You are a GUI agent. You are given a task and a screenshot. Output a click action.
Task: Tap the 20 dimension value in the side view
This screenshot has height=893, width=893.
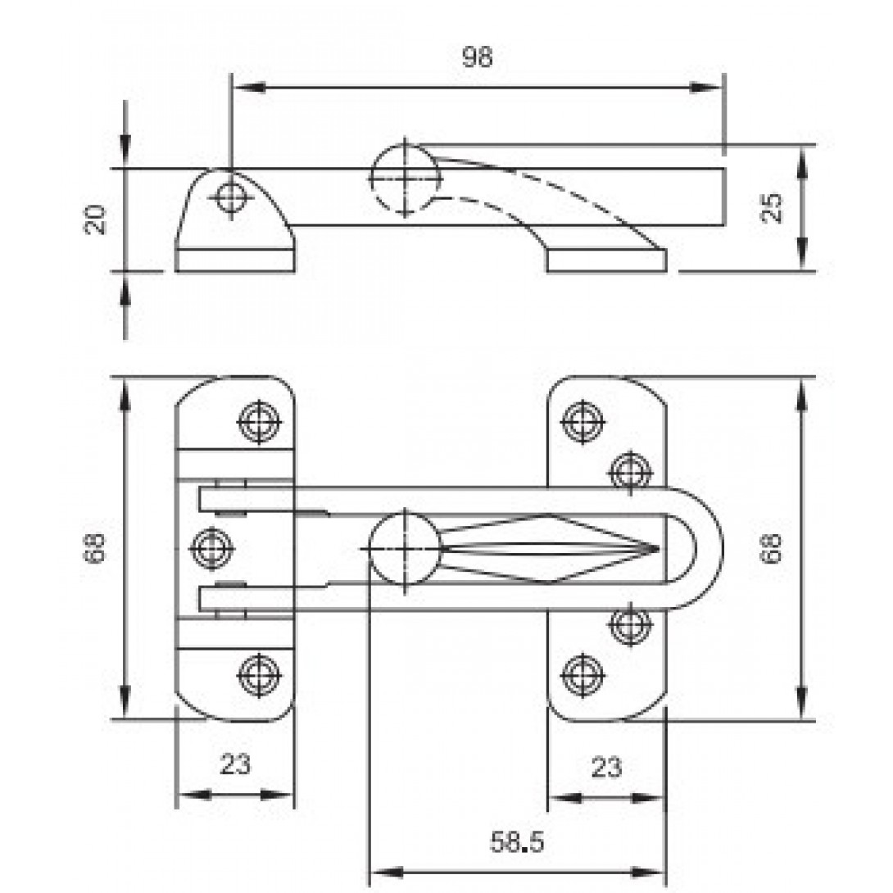(97, 220)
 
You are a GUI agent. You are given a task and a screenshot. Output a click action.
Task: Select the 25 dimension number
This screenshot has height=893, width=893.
(771, 207)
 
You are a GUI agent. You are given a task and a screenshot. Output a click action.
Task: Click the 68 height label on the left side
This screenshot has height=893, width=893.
(97, 546)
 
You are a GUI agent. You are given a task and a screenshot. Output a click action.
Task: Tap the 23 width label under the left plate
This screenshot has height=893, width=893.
(235, 764)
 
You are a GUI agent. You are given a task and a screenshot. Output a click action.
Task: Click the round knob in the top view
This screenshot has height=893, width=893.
(403, 546)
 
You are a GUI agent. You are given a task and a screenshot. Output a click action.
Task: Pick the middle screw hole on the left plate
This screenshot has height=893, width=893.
(212, 546)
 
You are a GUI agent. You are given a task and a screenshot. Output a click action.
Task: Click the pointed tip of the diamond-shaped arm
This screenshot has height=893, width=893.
(657, 546)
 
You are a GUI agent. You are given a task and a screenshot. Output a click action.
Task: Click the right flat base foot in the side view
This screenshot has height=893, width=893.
(606, 261)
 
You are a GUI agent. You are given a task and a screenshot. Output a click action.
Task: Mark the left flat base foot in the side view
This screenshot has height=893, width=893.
(235, 260)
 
